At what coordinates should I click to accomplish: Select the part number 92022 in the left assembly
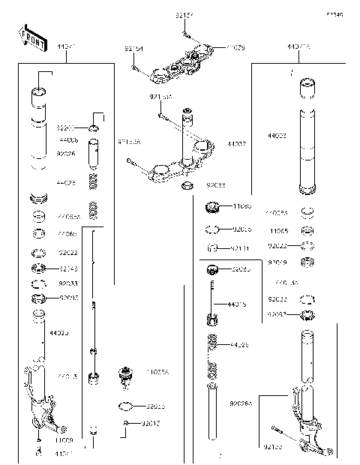pyautogui.click(x=68, y=253)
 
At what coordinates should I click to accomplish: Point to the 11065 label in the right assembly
pyautogui.click(x=279, y=232)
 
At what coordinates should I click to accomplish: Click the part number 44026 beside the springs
pyautogui.click(x=239, y=345)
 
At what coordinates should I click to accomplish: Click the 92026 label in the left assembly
pyautogui.click(x=67, y=153)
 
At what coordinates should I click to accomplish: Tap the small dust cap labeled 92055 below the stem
pyautogui.click(x=189, y=184)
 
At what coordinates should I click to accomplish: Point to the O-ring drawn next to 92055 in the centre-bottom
pyautogui.click(x=127, y=406)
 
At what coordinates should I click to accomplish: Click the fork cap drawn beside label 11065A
pyautogui.click(x=125, y=374)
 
